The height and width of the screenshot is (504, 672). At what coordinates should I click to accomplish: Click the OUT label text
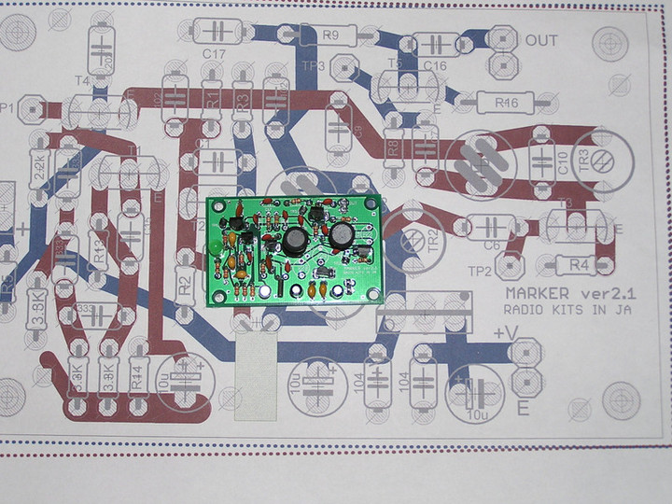541,41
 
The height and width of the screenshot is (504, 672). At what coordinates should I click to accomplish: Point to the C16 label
435,64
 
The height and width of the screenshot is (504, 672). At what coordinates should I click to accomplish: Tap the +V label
505,333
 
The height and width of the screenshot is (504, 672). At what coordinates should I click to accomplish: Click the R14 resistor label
138,377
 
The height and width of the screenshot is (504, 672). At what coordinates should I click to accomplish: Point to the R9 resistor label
329,36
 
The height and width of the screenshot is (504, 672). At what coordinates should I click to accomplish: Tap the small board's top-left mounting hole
213,205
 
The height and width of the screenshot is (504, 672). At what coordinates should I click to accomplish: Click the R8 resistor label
393,147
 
